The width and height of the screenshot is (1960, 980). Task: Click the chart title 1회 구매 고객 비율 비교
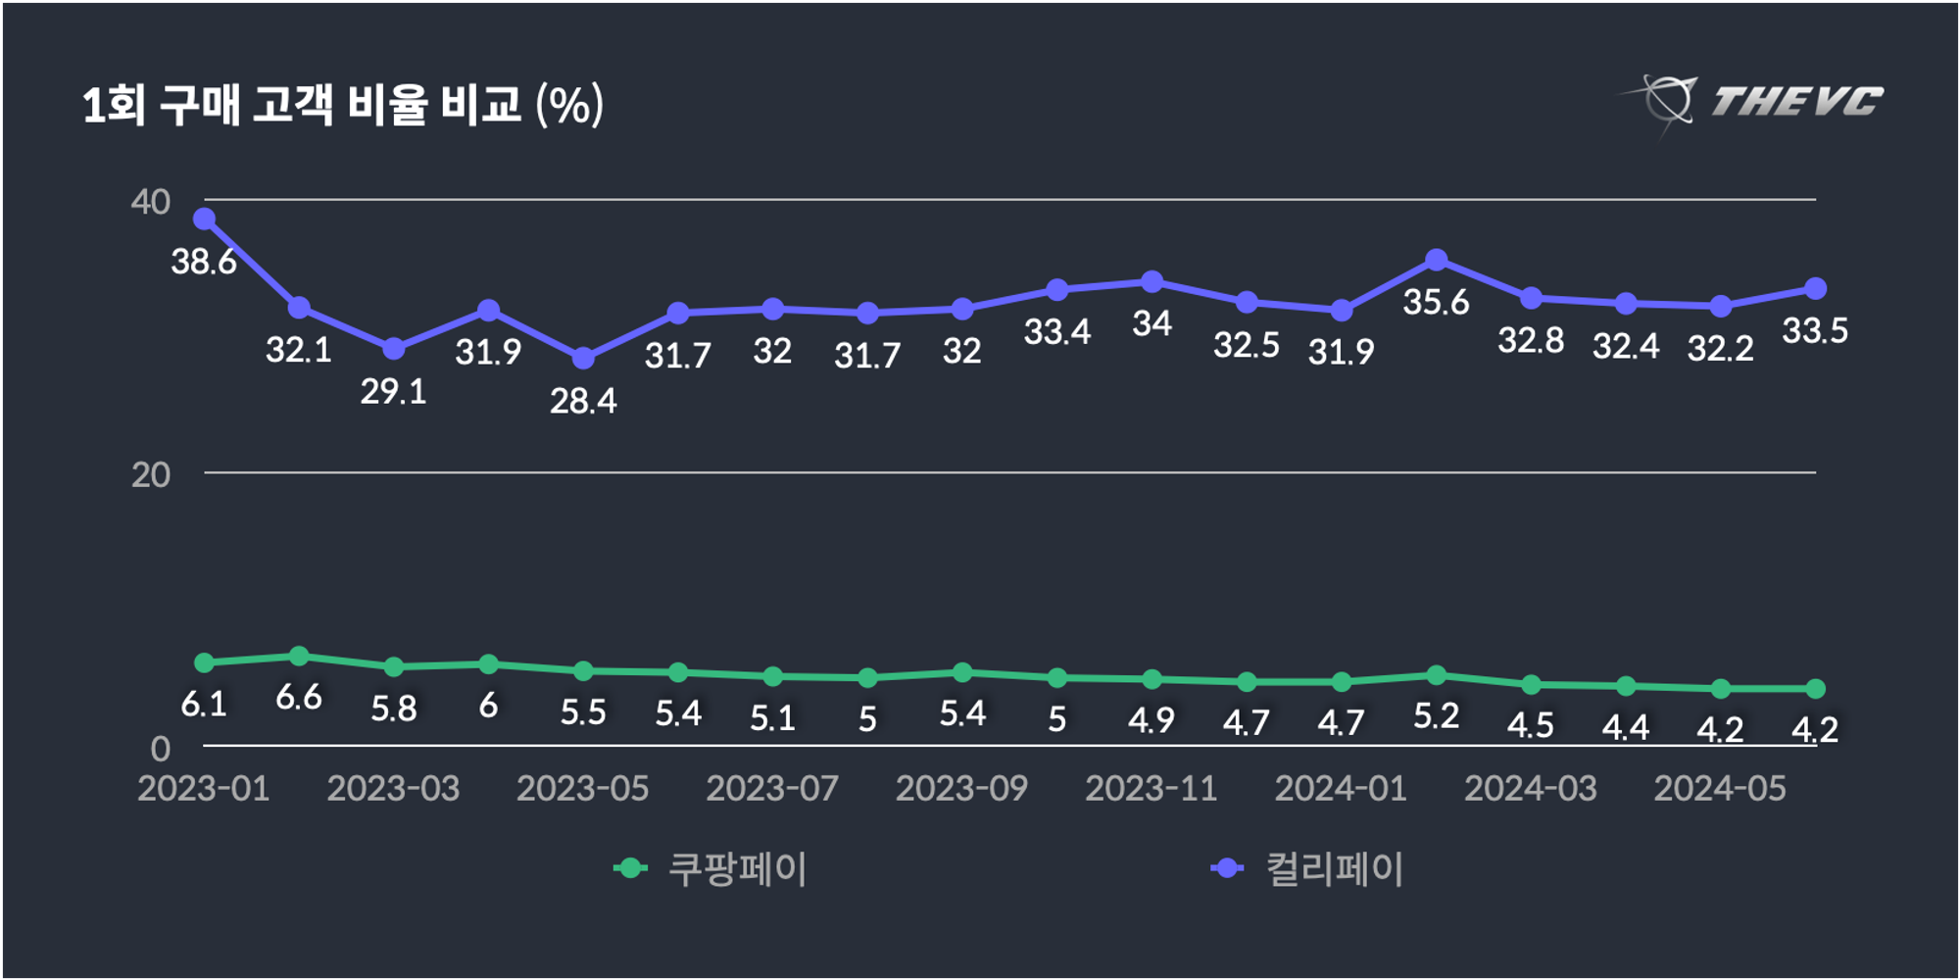pos(342,105)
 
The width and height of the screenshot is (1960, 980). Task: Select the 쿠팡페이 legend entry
pos(712,868)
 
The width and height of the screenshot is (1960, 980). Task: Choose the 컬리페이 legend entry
pos(1309,868)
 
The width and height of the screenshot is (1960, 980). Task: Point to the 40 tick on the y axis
pos(150,202)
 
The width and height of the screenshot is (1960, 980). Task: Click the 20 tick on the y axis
pos(150,475)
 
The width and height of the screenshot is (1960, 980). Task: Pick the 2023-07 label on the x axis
pos(772,789)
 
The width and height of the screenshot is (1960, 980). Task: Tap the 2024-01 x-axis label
pos(1341,789)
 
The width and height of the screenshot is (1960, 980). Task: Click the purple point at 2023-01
pos(204,219)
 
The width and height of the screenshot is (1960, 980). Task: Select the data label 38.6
pos(204,262)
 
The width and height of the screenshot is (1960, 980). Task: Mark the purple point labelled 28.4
pos(583,359)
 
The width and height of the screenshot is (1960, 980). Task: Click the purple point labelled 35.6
pos(1437,260)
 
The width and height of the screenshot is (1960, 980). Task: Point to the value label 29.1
pos(393,392)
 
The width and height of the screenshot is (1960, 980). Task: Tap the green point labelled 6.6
pos(299,656)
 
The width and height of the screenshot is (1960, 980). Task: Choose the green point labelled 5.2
pos(1437,675)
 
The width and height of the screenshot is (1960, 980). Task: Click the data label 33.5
pos(1815,331)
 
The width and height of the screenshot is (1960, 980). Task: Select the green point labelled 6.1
pos(204,663)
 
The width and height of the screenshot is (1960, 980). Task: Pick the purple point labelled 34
pos(1152,282)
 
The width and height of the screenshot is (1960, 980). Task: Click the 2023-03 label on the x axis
pos(393,789)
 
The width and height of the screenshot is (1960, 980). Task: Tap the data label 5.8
pos(393,709)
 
